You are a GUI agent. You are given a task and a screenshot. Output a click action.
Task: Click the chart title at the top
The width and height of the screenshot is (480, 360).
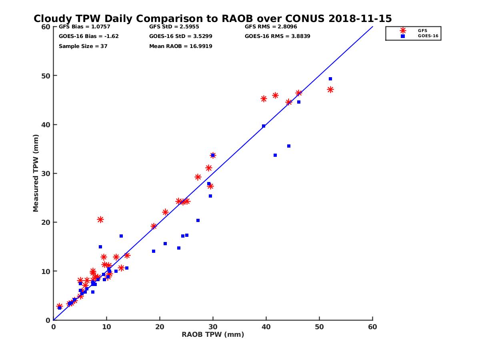coord(212,18)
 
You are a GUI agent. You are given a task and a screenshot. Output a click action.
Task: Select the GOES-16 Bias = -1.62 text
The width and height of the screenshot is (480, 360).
coord(88,36)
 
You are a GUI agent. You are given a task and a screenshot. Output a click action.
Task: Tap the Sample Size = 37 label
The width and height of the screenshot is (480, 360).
coord(83,46)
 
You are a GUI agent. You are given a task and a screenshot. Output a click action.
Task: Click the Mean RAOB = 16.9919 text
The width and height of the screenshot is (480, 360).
coord(180,46)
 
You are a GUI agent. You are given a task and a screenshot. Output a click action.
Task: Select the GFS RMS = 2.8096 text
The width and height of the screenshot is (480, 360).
coord(271,27)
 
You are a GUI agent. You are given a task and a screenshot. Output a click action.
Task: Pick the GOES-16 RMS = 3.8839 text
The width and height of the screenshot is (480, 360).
coord(277,36)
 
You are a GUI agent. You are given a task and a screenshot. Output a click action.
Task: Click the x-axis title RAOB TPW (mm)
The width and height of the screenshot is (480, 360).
coord(213,335)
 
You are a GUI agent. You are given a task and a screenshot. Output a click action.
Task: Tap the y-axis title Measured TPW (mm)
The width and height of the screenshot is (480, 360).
coord(36,173)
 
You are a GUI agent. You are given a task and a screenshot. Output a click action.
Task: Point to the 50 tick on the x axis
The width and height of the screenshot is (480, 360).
coord(319,327)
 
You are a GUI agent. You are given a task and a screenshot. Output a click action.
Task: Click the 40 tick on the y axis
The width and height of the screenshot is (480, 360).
coord(46,124)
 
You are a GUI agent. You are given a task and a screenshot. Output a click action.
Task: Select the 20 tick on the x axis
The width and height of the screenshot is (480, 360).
coord(160,327)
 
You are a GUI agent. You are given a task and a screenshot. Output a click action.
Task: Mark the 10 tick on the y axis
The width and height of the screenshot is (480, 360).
coord(46,271)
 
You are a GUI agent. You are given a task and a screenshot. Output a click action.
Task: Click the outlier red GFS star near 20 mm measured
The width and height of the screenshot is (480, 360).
coord(100,220)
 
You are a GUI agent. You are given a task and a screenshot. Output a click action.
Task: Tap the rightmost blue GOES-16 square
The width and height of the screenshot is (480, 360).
coord(330,79)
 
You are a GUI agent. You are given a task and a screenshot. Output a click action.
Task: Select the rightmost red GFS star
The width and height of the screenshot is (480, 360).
coord(330,90)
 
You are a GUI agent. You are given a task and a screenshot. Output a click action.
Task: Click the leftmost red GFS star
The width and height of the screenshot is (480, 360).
coord(59,306)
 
